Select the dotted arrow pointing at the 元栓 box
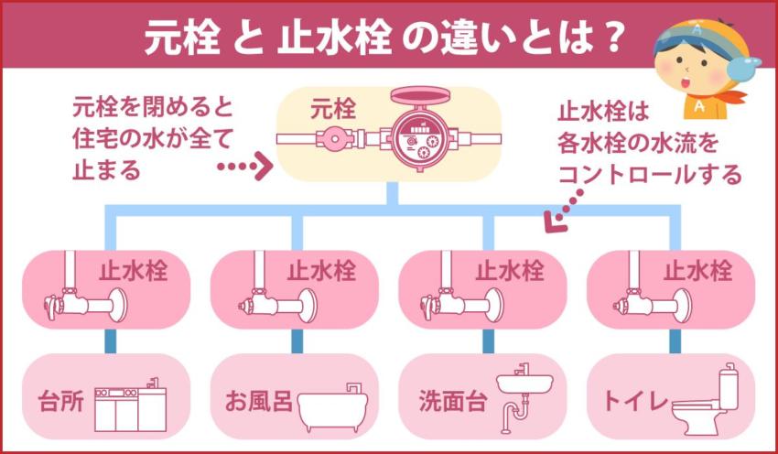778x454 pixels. pyautogui.click(x=245, y=168)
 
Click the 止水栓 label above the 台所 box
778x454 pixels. pyautogui.click(x=134, y=271)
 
